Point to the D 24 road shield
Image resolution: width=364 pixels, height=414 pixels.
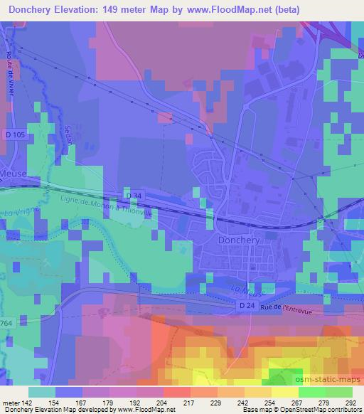coord(245,305)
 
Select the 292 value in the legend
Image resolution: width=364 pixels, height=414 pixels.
coord(350,402)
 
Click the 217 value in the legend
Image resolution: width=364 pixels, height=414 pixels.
coord(188,402)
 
